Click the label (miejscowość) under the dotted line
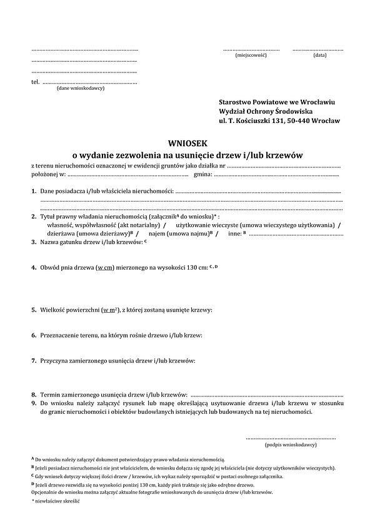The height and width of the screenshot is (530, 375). (251, 56)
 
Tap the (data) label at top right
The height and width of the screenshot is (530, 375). (319, 56)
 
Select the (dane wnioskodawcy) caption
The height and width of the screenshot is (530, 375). (81, 89)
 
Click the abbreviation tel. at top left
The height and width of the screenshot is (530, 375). (35, 82)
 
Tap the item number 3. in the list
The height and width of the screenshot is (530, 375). (34, 242)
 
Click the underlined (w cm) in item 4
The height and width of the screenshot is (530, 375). (104, 268)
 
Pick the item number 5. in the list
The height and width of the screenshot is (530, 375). (34, 310)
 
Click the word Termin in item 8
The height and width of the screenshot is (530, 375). (50, 395)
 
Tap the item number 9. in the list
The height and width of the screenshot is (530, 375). (34, 404)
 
